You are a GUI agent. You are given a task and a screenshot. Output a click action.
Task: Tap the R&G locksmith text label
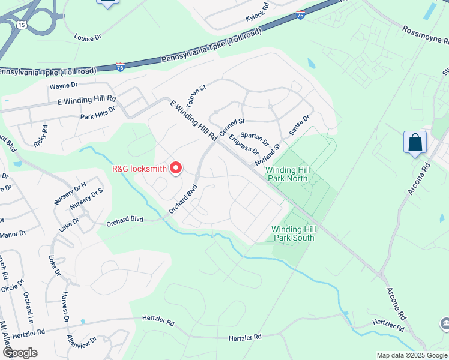pos(140,169)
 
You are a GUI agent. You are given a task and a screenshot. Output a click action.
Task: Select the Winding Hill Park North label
pos(291,174)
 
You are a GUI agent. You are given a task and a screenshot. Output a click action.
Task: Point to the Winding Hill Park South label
pos(293,233)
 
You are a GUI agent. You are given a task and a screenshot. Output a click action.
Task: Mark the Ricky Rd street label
pos(41,137)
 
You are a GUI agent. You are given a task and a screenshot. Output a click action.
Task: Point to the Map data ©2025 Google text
pos(412,355)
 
